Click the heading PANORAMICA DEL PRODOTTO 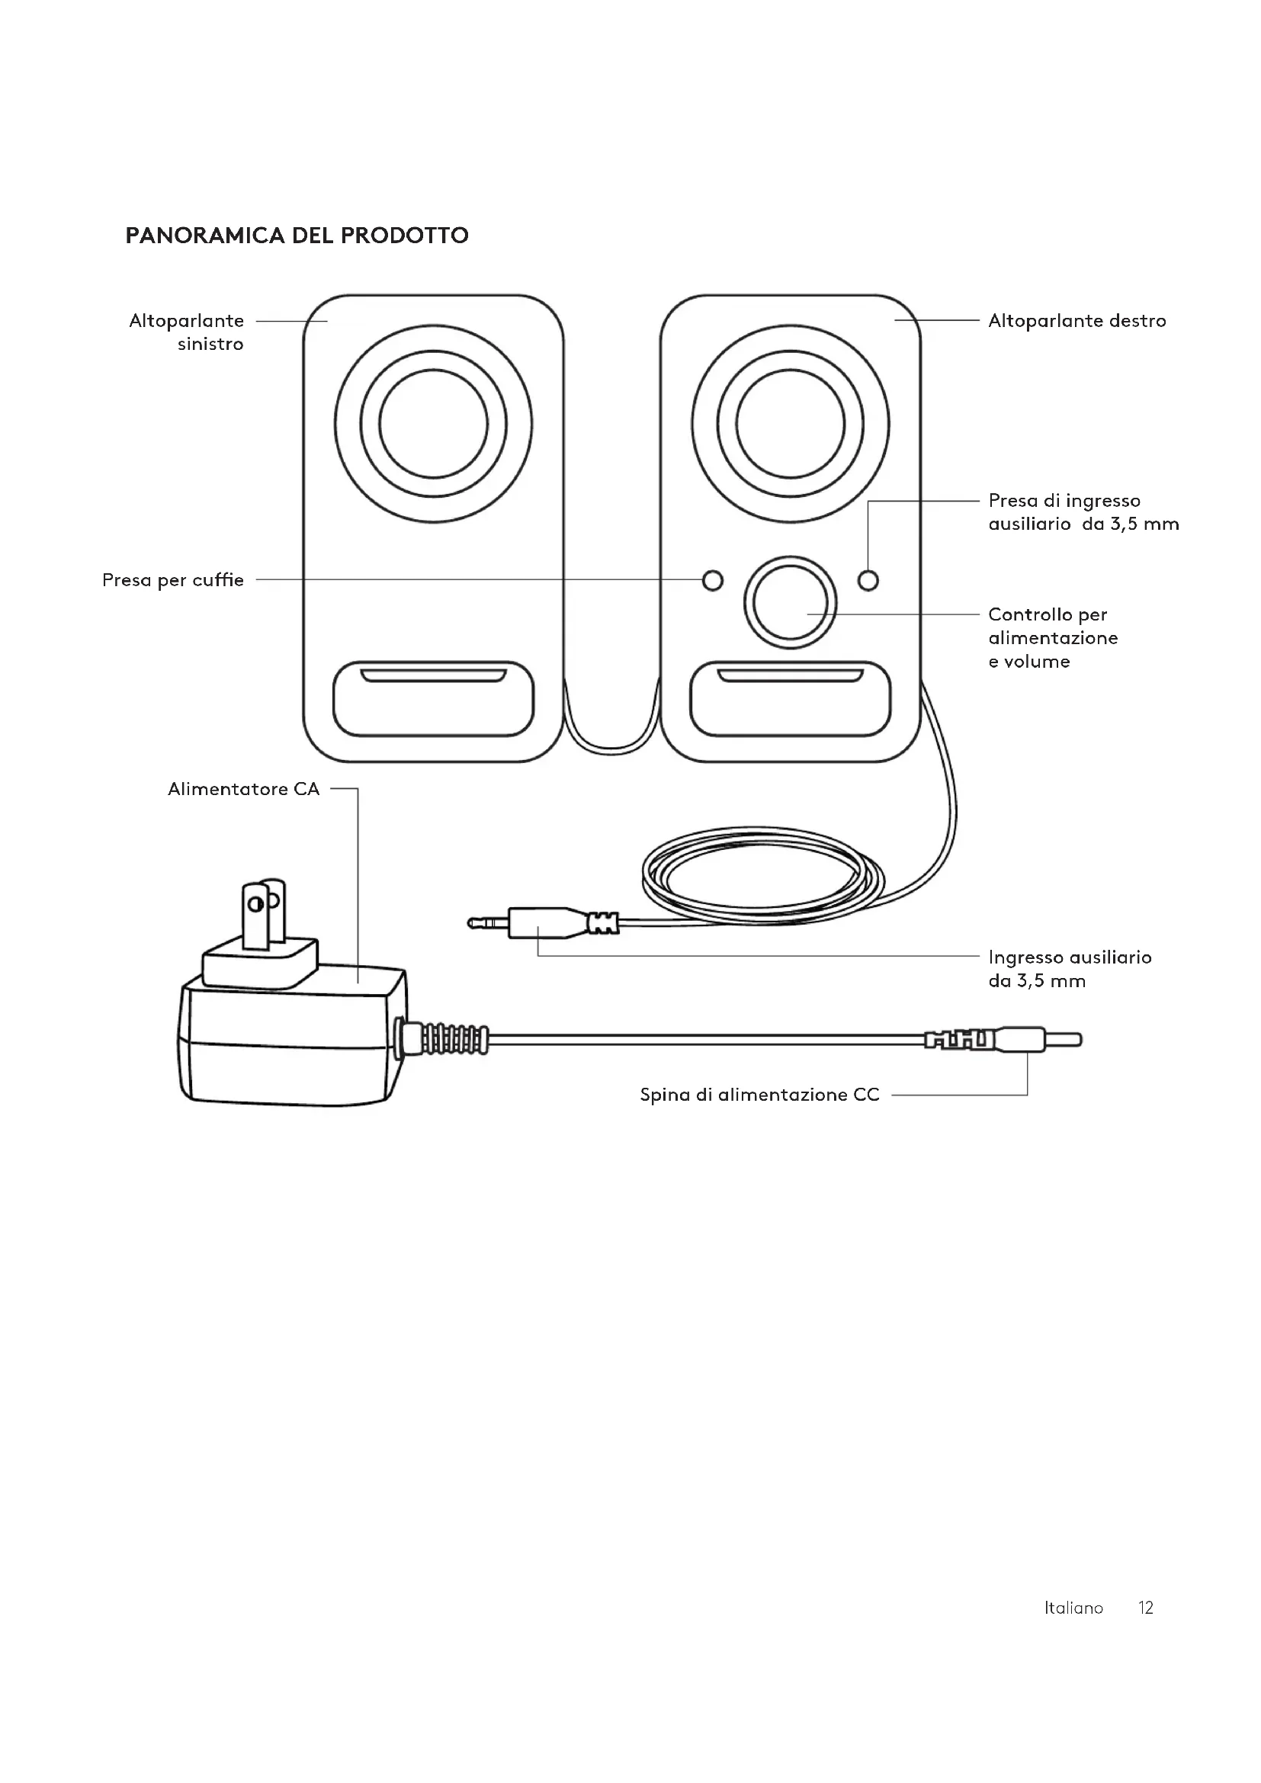(x=297, y=236)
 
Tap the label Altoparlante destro (x=1077, y=321)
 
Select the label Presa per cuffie (x=173, y=580)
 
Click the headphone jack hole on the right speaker (x=712, y=580)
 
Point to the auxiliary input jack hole (x=868, y=580)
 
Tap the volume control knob (x=791, y=603)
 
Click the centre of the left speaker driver (x=433, y=424)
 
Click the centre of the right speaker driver (x=791, y=424)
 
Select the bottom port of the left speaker (x=433, y=699)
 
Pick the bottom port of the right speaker (x=791, y=699)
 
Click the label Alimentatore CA (x=244, y=789)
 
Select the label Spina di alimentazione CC (x=759, y=1095)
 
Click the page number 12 (x=1146, y=1608)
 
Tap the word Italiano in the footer (x=1074, y=1608)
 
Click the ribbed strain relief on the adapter (x=444, y=1037)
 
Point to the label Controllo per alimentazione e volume (x=1053, y=638)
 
